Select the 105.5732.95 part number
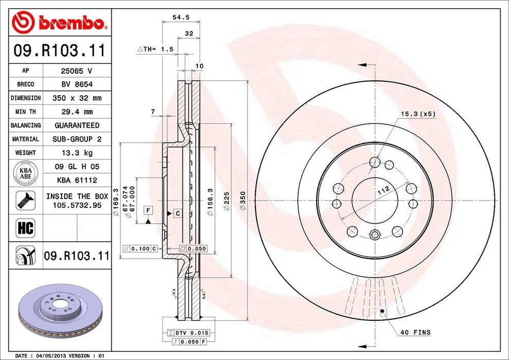(x=77, y=205)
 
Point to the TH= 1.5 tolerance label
(x=156, y=49)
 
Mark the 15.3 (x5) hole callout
(x=418, y=113)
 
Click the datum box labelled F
(x=148, y=210)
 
